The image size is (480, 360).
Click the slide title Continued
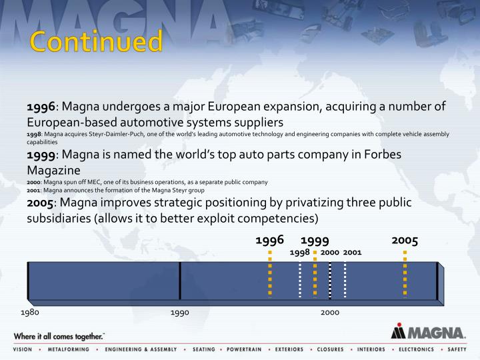click(97, 42)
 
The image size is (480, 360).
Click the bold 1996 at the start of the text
click(41, 108)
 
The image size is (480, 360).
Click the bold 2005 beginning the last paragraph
click(41, 203)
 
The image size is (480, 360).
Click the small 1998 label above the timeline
click(299, 253)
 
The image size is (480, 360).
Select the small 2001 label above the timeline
click(352, 253)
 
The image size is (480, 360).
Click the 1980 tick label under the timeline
click(30, 312)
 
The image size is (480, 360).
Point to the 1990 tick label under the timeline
click(180, 312)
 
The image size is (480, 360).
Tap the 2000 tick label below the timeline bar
click(330, 312)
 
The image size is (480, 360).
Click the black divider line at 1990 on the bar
click(180, 280)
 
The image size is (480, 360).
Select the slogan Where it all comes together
click(59, 335)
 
